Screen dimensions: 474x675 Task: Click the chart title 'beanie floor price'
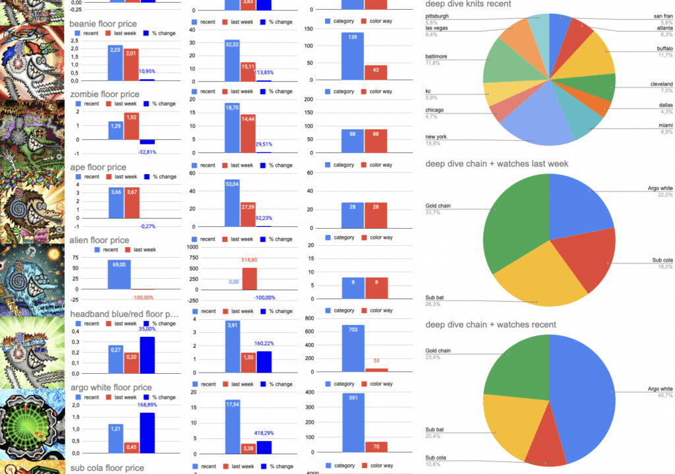pyautogui.click(x=104, y=24)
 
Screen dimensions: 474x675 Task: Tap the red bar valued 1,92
pyautogui.click(x=131, y=126)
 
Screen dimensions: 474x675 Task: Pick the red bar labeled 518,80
pyautogui.click(x=250, y=279)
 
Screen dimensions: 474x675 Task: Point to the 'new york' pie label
pyautogui.click(x=436, y=136)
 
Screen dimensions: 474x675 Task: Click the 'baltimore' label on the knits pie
pyautogui.click(x=436, y=57)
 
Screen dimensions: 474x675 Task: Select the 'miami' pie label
pyautogui.click(x=664, y=125)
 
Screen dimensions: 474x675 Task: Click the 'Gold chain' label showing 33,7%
pyautogui.click(x=437, y=206)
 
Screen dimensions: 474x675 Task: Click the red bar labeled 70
pyautogui.click(x=376, y=447)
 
